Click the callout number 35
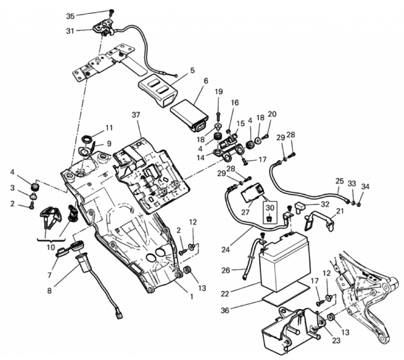[x=70, y=17]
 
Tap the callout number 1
[x=191, y=297]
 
